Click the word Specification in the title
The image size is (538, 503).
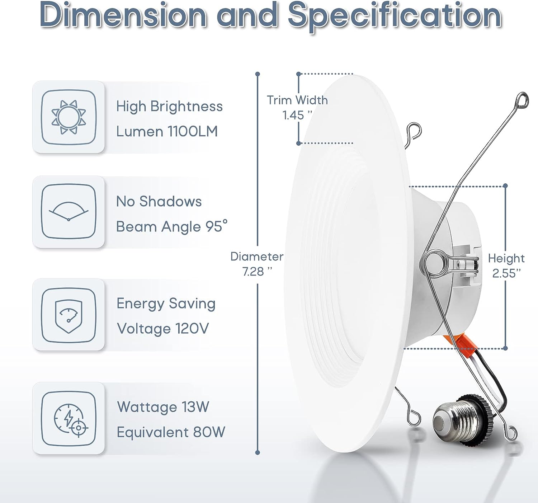(x=395, y=17)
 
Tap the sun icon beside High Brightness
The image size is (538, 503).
(x=69, y=117)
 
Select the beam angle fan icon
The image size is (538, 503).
(x=69, y=211)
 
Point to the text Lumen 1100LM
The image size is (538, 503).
(x=167, y=131)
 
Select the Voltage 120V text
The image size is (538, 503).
(x=163, y=329)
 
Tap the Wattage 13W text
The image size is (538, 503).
(x=163, y=407)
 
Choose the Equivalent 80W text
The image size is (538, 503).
(x=171, y=432)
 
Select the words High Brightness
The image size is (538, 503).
(x=169, y=106)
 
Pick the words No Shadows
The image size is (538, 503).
(x=159, y=201)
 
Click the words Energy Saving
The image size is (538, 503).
(x=166, y=304)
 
